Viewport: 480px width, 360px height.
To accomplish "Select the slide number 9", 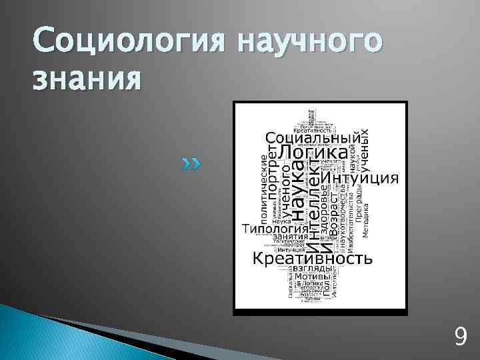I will coord(459,337).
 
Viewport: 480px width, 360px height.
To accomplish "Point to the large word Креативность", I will coord(310,257).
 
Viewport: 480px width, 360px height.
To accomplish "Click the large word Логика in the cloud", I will coord(312,152).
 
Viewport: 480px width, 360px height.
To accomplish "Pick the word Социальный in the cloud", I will coord(313,136).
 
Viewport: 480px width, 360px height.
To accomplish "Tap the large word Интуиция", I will coord(361,178).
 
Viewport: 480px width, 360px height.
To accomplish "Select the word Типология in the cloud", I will coord(269,229).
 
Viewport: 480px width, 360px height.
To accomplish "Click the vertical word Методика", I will coord(365,220).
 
